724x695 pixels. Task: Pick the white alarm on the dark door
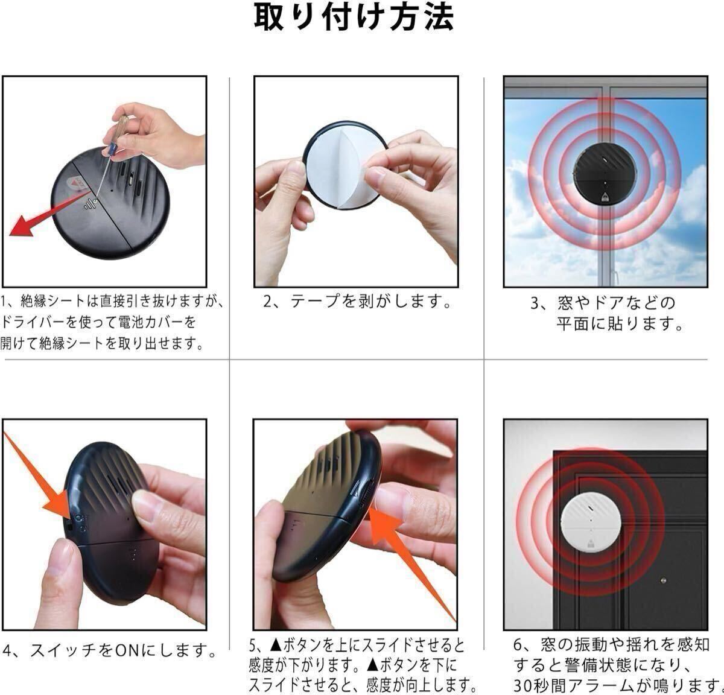click(x=591, y=518)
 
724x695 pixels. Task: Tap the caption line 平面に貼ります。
click(x=620, y=324)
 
